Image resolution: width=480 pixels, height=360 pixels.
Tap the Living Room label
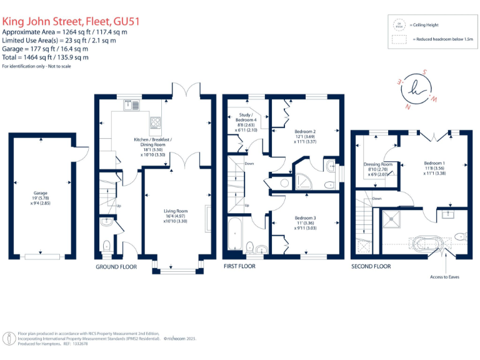(x=176, y=216)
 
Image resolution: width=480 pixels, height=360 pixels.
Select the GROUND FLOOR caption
(x=116, y=266)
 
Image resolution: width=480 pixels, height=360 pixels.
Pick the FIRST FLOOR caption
(x=239, y=266)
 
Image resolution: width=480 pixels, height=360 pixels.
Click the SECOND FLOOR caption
(x=371, y=266)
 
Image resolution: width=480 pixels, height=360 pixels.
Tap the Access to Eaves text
(x=444, y=276)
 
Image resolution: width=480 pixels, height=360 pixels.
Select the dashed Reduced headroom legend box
(x=398, y=38)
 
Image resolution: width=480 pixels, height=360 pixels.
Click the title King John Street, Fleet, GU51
(x=71, y=21)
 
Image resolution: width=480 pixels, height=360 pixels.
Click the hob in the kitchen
(x=155, y=122)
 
